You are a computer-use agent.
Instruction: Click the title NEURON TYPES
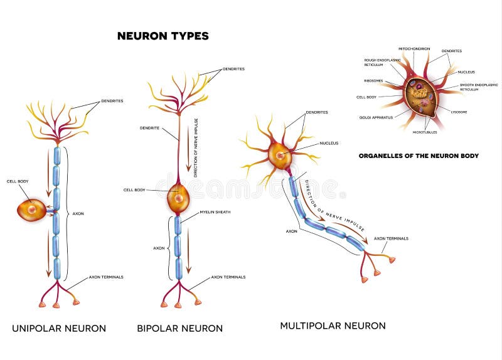(163, 36)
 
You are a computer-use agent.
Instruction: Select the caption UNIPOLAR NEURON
(60, 328)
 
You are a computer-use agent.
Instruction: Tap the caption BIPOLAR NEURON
(180, 328)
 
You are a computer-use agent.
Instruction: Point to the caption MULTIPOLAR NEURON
(333, 326)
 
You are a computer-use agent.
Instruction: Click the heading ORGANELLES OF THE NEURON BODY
(419, 156)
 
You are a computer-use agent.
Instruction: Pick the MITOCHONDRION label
(414, 48)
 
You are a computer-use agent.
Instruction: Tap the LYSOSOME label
(459, 111)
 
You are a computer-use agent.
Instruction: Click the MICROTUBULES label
(425, 132)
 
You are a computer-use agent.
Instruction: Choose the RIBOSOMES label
(373, 80)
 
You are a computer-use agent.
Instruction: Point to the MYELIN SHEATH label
(215, 212)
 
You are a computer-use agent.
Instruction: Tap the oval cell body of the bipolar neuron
(178, 198)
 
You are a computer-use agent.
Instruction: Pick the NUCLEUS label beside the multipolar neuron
(329, 143)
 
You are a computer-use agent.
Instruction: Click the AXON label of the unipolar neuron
(78, 214)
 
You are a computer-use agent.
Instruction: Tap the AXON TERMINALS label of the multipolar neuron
(391, 238)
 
